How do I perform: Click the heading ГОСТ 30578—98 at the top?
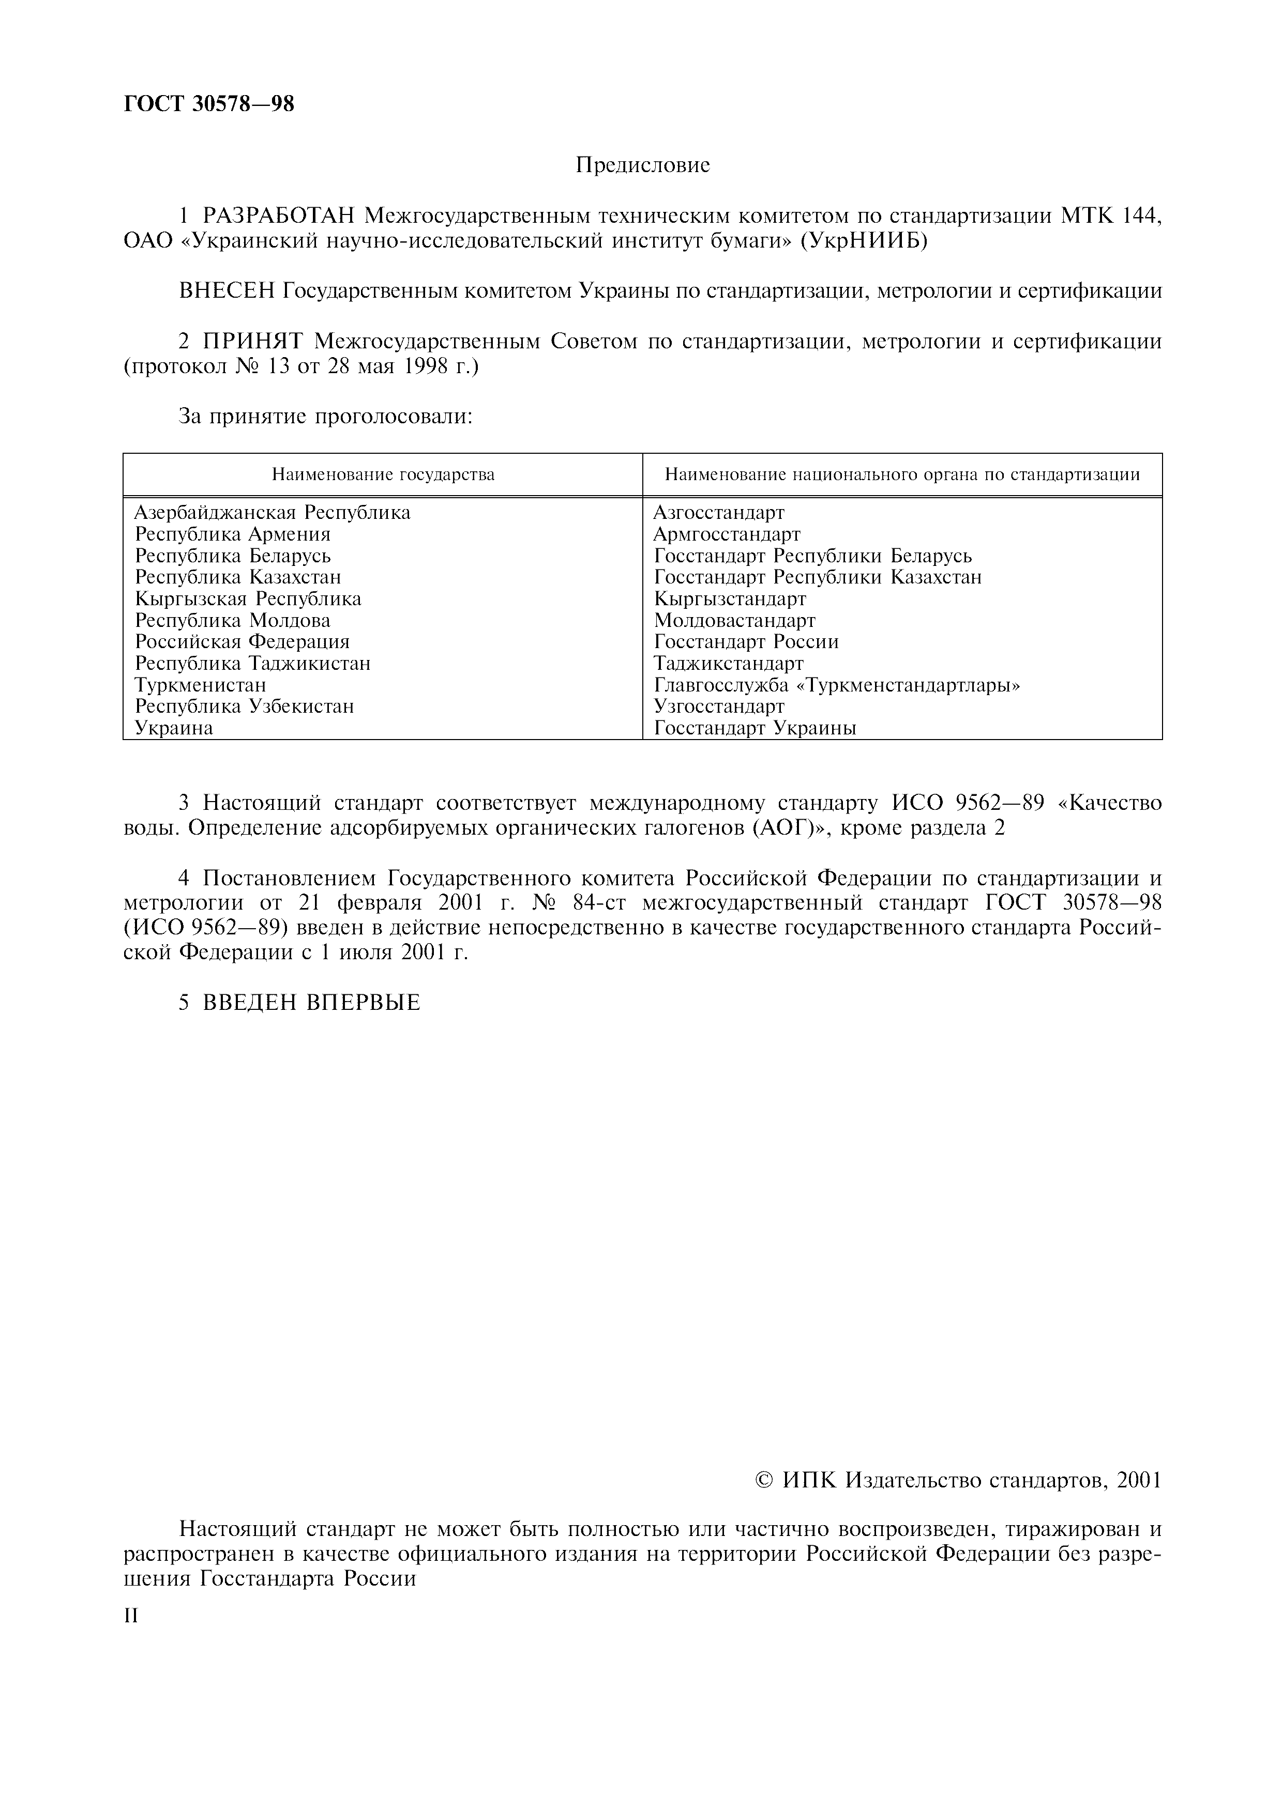pos(209,103)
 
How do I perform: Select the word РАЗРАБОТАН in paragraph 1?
pos(280,216)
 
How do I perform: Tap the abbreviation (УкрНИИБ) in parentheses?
pos(863,241)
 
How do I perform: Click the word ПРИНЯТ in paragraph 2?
pos(254,342)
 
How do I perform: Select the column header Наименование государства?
pos(383,474)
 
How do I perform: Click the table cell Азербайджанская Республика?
pos(273,513)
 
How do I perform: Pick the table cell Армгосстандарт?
pos(727,534)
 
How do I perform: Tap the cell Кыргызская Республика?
pos(248,598)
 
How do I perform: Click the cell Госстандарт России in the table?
pos(746,642)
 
